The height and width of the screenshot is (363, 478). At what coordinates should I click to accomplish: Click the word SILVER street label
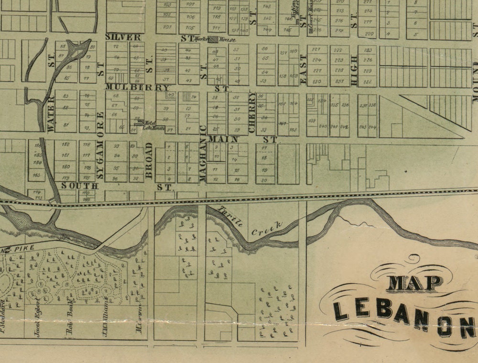123,37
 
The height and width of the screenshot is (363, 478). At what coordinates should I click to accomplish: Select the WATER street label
51,113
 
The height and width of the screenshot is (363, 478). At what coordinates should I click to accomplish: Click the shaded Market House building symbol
212,39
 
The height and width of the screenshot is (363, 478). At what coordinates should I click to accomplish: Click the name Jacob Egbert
37,317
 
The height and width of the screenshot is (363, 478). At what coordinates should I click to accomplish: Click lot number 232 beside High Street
368,82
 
